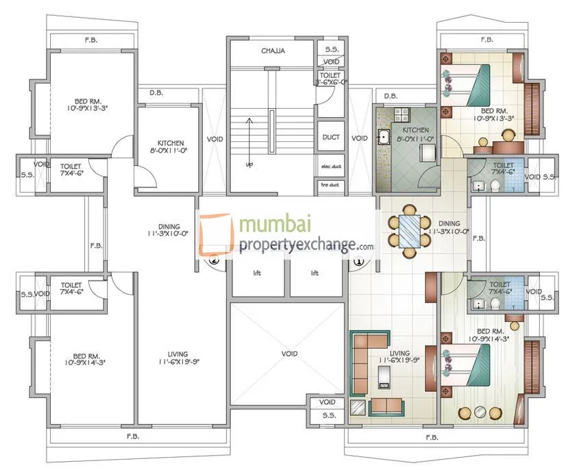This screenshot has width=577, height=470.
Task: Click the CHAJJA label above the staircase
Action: tap(272, 51)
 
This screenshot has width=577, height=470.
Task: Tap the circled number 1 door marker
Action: tap(358, 260)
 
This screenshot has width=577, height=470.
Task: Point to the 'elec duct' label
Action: tap(331, 166)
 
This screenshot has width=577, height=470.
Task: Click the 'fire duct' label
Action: tap(331, 184)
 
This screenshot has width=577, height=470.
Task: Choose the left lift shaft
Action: tap(257, 273)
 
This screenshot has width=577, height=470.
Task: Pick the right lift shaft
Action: tap(315, 273)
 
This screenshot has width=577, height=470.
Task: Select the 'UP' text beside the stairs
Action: tap(249, 165)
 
